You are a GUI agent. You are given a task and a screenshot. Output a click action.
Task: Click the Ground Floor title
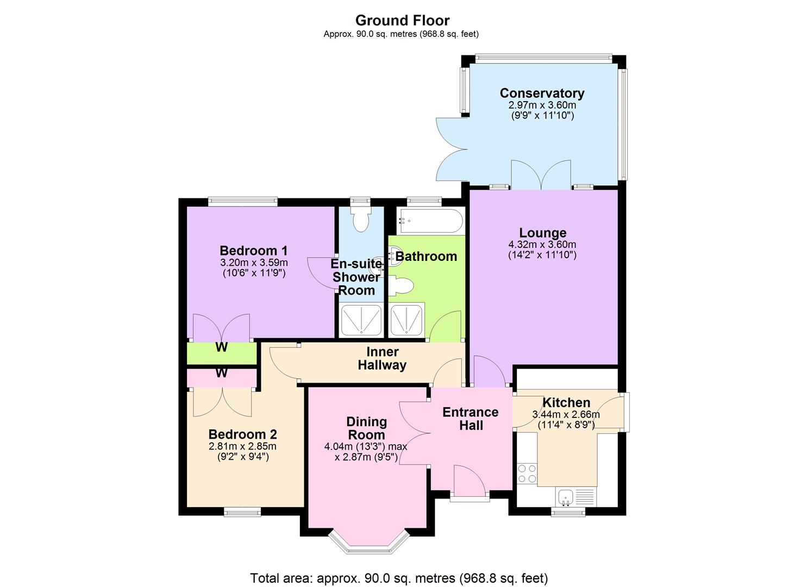pyautogui.click(x=402, y=21)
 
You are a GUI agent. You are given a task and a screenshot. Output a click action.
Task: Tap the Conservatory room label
pyautogui.click(x=542, y=93)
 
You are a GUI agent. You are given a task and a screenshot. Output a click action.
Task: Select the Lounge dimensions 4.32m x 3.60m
pyautogui.click(x=542, y=245)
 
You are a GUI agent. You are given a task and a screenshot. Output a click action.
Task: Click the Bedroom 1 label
pyautogui.click(x=253, y=251)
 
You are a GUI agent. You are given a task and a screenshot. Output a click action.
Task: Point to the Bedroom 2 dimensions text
pyautogui.click(x=242, y=452)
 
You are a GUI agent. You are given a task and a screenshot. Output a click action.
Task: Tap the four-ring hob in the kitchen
pyautogui.click(x=527, y=473)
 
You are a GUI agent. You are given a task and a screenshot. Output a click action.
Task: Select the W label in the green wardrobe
pyautogui.click(x=221, y=347)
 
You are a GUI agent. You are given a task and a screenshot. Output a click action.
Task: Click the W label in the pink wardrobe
pyautogui.click(x=221, y=373)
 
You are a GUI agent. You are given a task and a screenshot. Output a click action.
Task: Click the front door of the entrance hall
pyautogui.click(x=469, y=483)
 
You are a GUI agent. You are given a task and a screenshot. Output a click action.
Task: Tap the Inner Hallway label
pyautogui.click(x=382, y=359)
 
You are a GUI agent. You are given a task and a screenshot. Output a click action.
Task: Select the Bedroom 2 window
pyautogui.click(x=242, y=511)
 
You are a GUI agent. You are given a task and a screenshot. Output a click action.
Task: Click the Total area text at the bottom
pyautogui.click(x=399, y=578)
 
